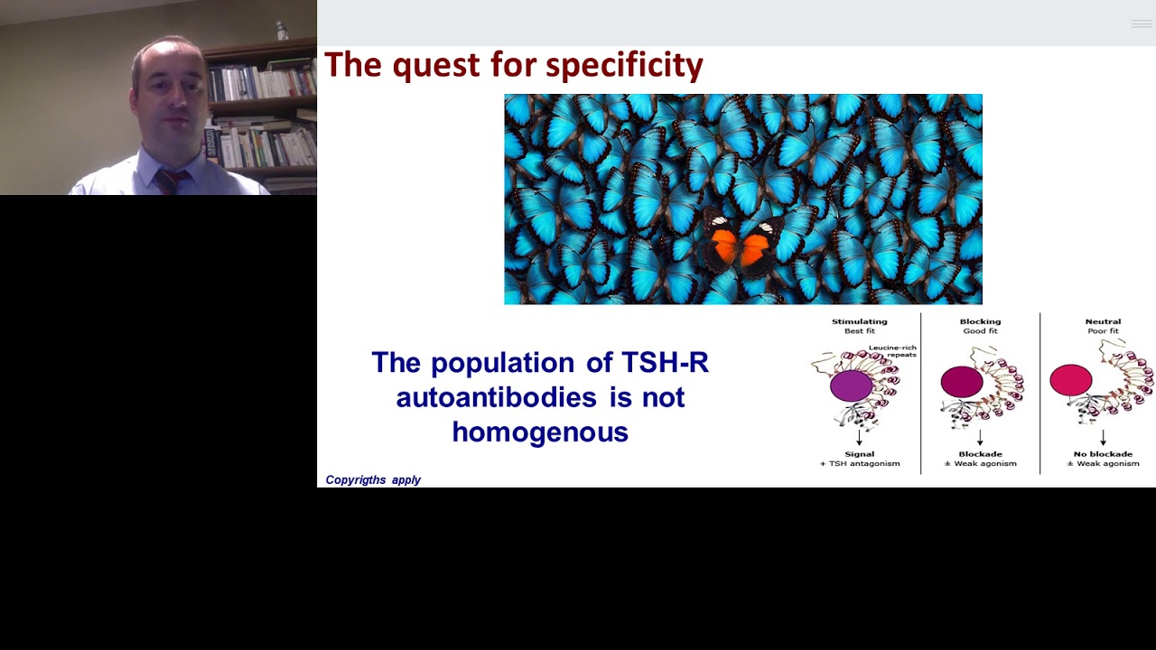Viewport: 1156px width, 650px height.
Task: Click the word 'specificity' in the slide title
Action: [x=624, y=65]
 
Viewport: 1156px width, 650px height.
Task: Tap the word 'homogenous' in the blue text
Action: [x=540, y=432]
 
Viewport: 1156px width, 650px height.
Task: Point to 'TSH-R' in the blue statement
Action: [x=665, y=363]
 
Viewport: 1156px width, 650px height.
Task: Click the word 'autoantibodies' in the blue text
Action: [x=496, y=397]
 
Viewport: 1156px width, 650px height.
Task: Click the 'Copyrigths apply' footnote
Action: [x=373, y=480]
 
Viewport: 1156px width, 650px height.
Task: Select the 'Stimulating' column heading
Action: [x=859, y=321]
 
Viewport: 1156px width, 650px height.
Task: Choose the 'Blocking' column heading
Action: [x=980, y=321]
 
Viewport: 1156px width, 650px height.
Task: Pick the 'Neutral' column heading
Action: [x=1103, y=321]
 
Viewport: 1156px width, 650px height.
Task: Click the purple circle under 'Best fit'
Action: [x=851, y=385]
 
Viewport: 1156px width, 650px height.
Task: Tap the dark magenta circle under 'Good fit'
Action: [x=962, y=382]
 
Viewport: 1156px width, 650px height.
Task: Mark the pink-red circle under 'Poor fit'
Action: [x=1071, y=380]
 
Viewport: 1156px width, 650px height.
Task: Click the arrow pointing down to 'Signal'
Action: [x=859, y=438]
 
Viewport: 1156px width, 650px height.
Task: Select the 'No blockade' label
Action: [x=1103, y=454]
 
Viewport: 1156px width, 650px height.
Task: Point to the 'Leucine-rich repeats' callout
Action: [x=892, y=351]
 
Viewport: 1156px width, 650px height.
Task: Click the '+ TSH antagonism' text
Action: [x=859, y=464]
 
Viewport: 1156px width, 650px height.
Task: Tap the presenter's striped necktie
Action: [x=169, y=181]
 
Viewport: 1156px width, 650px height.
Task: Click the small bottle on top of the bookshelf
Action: [x=282, y=30]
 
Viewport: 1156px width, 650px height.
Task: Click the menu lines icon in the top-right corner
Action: [x=1142, y=23]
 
